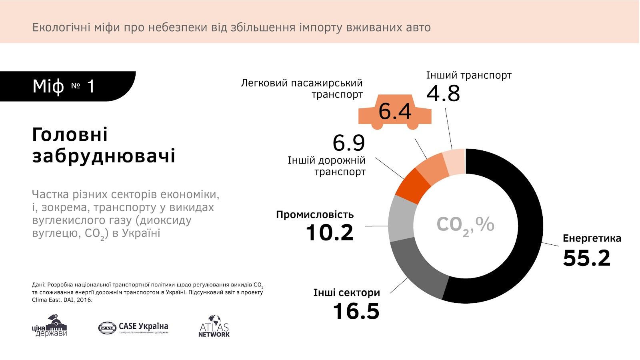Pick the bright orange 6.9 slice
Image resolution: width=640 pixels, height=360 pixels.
pos(412,186)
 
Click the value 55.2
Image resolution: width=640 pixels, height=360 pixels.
pos(586,258)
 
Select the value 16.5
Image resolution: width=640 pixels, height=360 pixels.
pos(356,311)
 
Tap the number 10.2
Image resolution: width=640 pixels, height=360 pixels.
pos(330,232)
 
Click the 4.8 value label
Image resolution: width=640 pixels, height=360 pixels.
pos(443,94)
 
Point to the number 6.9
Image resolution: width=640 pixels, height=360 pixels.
pos(349,143)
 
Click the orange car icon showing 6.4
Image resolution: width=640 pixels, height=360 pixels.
pos(394,112)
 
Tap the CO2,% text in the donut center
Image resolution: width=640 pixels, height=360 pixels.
pos(465,225)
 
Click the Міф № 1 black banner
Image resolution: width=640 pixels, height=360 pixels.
pos(64,86)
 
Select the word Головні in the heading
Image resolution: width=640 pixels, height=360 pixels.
pos(70,135)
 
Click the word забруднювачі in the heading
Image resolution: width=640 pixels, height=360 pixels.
pos(104,156)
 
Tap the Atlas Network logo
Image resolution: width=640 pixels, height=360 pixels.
pos(214,326)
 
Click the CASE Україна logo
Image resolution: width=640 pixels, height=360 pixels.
pos(133,327)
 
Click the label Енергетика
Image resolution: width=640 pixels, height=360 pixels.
pos(592,238)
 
